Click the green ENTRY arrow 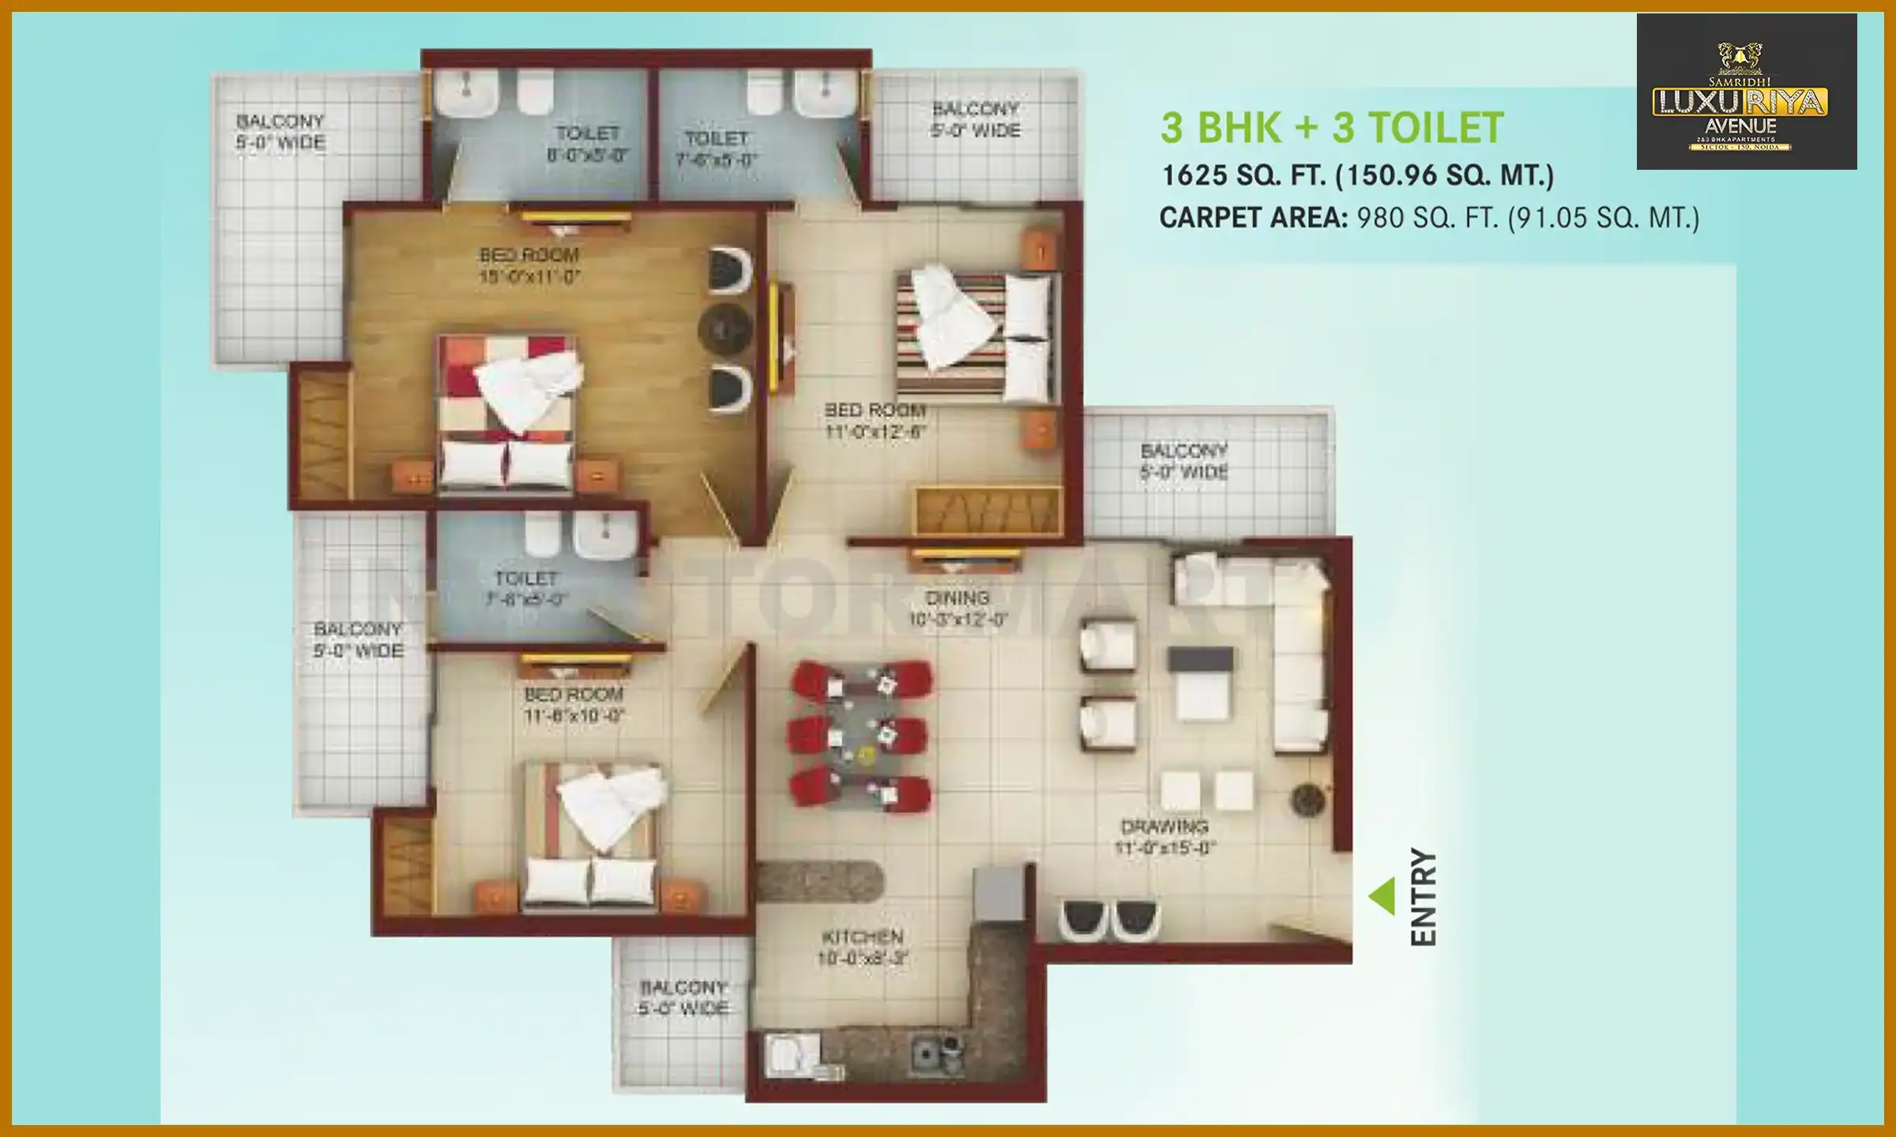[x=1382, y=896]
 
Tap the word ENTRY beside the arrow [x=1424, y=897]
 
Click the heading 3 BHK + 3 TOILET [x=1332, y=128]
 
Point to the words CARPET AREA [x=1253, y=218]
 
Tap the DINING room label [x=957, y=608]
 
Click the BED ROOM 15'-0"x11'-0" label [x=529, y=265]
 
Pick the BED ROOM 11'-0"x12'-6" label [x=875, y=421]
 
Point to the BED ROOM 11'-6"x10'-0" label [x=574, y=705]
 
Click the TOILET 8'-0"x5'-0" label [x=587, y=144]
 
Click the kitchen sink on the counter [x=936, y=1052]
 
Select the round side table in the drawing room [x=1307, y=800]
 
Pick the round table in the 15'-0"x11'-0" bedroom [x=724, y=328]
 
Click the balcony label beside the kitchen [x=683, y=998]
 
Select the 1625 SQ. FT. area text [x=1356, y=175]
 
